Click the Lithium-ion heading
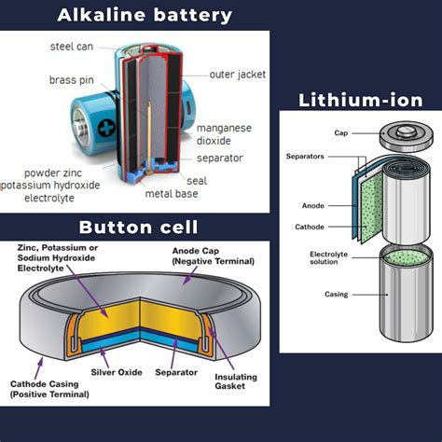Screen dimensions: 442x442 coord(360,100)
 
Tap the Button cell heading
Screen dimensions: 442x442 coord(137,227)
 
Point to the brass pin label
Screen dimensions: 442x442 coord(68,80)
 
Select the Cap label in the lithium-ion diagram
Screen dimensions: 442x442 coord(317,132)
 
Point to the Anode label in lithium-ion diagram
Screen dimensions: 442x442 coord(312,205)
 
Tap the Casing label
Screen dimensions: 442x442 coord(310,295)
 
